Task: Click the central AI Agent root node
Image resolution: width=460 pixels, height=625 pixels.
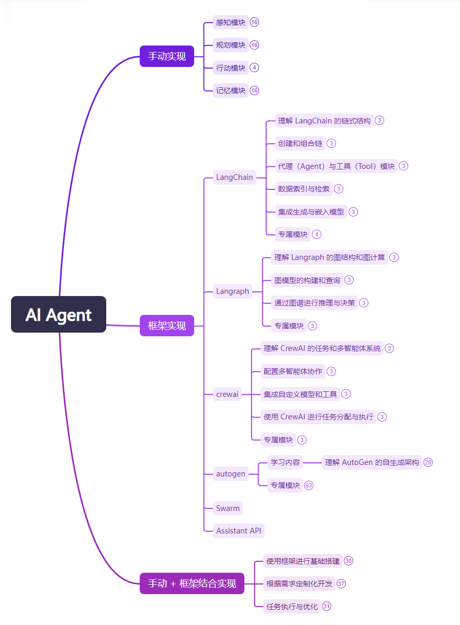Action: (59, 314)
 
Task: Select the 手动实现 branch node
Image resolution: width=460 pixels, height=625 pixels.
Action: (166, 56)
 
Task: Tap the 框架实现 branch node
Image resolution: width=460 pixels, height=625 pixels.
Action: (166, 325)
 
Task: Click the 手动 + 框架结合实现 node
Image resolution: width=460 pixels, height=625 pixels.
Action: (192, 583)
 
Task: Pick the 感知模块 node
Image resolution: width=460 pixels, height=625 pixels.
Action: (230, 22)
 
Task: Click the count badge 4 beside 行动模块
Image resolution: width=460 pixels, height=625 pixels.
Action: (254, 67)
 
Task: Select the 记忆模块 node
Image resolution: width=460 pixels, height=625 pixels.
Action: (230, 90)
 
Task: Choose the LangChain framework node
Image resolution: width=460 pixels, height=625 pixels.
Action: (234, 177)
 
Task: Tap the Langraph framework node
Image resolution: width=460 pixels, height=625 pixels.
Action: (232, 291)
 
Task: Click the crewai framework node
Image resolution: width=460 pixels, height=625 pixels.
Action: (227, 394)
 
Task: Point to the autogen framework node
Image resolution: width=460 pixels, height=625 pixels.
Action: (230, 474)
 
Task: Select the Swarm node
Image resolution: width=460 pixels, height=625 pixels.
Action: (228, 508)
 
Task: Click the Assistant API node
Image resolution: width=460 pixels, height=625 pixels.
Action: (239, 530)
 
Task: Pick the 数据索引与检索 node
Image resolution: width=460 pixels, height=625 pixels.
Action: (304, 189)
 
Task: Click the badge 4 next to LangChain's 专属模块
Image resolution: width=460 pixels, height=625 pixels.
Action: (317, 234)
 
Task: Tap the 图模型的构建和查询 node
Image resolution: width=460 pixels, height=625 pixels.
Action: (307, 280)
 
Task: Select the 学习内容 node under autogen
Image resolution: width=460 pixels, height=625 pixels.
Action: (285, 462)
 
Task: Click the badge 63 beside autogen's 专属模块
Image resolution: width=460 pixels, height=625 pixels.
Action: (309, 485)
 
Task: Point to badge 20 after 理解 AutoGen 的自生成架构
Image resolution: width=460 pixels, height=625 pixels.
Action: (428, 462)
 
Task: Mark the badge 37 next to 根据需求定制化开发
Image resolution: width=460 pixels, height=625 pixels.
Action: (341, 584)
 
